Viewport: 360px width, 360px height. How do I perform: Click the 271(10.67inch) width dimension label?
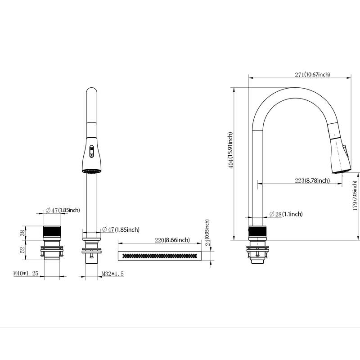pos(312,75)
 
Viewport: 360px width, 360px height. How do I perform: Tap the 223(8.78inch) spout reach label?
pos(312,180)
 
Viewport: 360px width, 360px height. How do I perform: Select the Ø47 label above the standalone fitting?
pos(63,210)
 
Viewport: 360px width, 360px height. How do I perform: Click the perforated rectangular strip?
pos(160,256)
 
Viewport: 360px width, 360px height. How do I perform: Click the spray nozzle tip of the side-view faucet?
pos(340,171)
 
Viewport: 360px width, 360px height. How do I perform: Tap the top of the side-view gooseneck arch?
pos(292,88)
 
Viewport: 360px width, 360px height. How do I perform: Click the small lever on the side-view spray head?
pos(346,150)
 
